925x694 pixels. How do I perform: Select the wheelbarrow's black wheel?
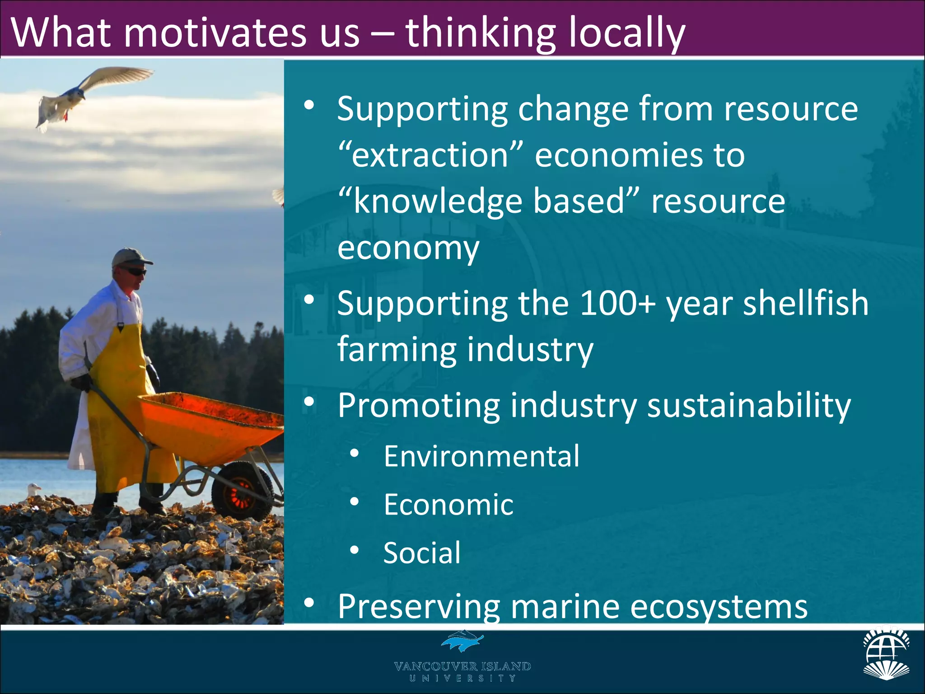(242, 490)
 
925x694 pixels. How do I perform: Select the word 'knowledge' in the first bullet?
(438, 201)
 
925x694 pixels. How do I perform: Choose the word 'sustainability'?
(748, 405)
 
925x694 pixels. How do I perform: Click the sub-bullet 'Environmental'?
(481, 456)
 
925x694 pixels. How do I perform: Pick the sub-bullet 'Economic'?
(448, 504)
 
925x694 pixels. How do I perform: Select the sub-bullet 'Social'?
(422, 552)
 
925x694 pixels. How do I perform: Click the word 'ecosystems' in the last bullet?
(718, 606)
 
